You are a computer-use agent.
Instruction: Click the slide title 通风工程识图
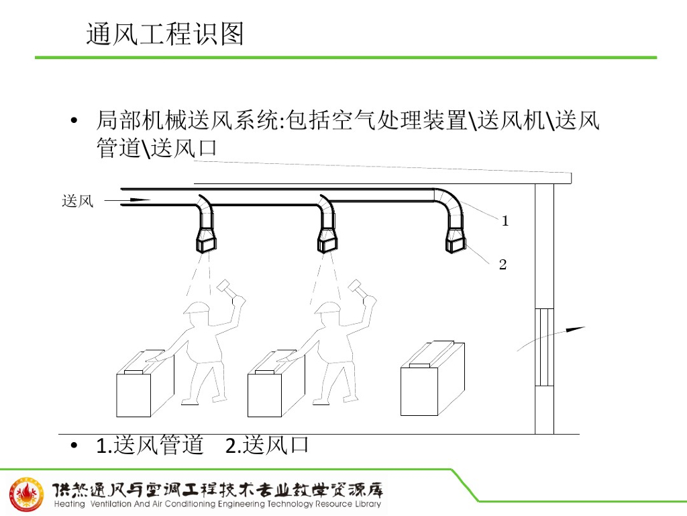(165, 34)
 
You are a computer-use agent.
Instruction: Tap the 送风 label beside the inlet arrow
(77, 201)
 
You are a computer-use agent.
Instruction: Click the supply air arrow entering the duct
(136, 200)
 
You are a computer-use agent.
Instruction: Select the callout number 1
(505, 220)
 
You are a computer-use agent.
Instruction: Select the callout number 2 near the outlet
(503, 265)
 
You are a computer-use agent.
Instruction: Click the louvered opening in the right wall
(544, 347)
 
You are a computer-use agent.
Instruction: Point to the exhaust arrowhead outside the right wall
(577, 329)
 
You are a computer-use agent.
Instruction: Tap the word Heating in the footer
(69, 505)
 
